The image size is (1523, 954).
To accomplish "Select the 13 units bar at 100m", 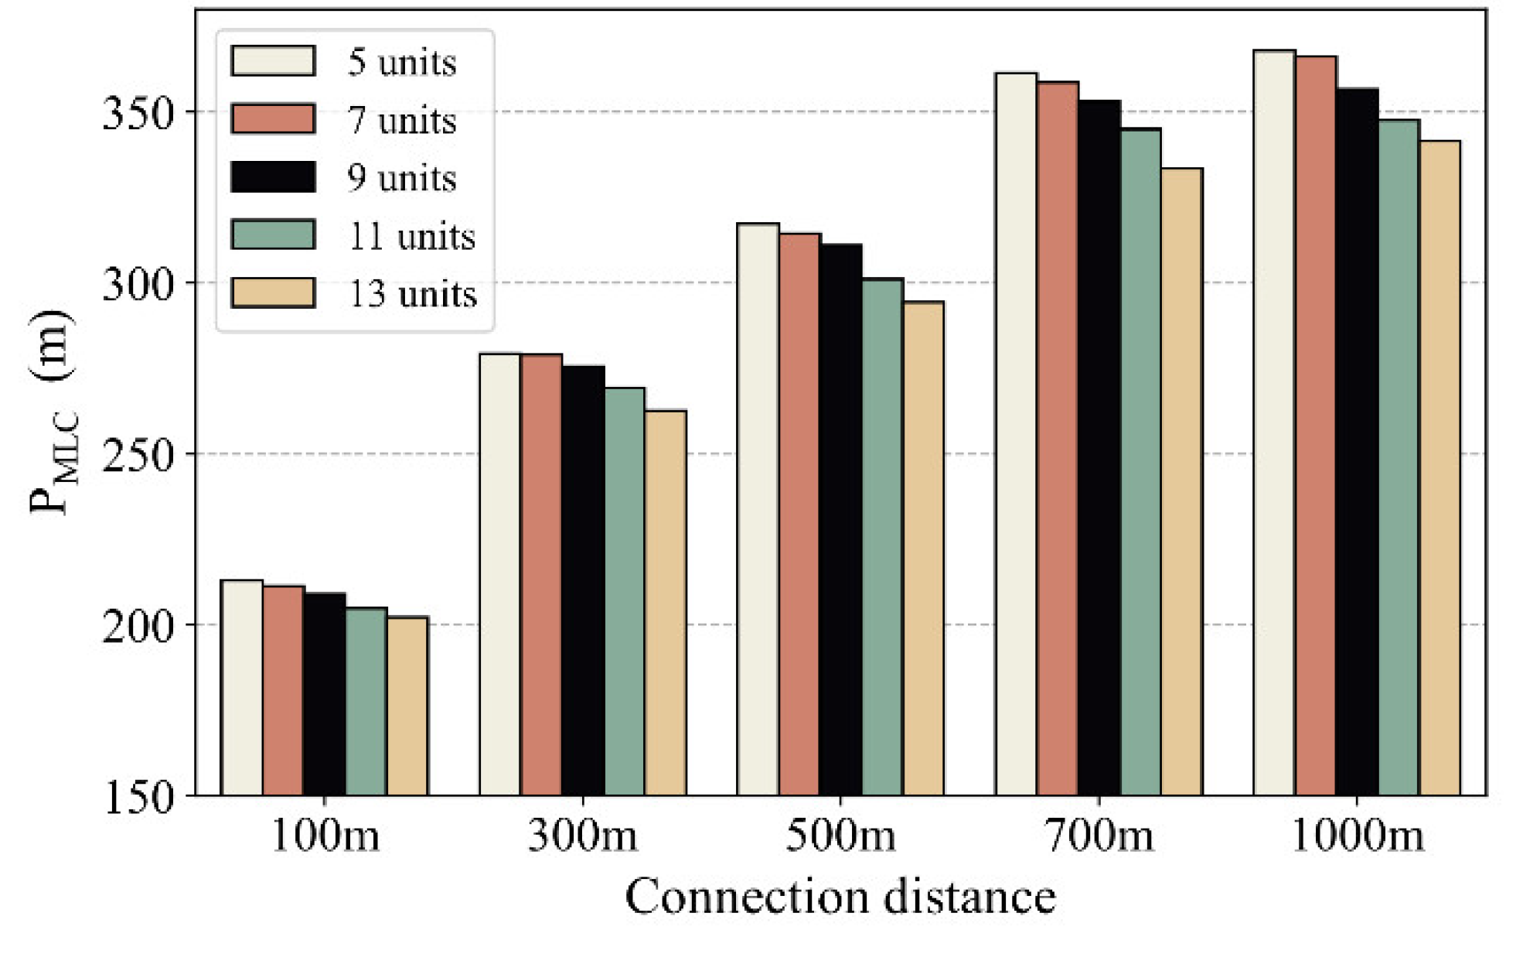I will click(x=407, y=706).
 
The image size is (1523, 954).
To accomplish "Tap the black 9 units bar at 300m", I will click(x=583, y=580).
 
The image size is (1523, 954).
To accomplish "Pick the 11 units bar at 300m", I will click(x=625, y=591).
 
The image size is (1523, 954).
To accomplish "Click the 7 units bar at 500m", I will click(x=799, y=514).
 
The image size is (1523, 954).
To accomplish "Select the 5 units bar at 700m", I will click(x=1016, y=433).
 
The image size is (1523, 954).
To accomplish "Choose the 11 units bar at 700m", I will click(x=1140, y=461).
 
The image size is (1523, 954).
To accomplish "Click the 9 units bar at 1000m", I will click(x=1357, y=441).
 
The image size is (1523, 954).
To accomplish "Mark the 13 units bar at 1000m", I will click(x=1440, y=467).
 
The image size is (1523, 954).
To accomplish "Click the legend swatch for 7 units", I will click(x=273, y=119).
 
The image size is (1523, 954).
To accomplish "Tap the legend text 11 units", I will click(x=411, y=236).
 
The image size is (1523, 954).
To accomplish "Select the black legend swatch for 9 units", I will click(x=273, y=177).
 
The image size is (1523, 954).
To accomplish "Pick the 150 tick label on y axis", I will click(x=138, y=797).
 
